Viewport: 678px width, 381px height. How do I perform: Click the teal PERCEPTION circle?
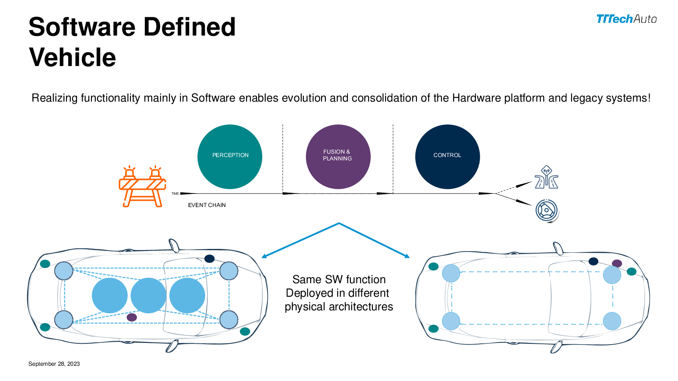click(230, 157)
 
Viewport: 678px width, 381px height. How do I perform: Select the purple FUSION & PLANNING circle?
click(338, 157)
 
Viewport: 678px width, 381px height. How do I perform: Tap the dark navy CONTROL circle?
click(447, 157)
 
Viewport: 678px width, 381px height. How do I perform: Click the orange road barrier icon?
click(142, 186)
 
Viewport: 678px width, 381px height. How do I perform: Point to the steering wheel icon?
click(547, 211)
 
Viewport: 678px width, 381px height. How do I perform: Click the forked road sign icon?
click(546, 177)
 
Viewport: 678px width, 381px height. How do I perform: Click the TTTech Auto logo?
click(626, 19)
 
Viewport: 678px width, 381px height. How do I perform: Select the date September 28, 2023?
click(54, 364)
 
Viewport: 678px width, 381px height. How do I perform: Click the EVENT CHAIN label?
click(207, 205)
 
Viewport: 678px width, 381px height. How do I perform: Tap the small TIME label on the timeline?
click(175, 193)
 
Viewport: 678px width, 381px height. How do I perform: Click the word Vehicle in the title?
click(72, 57)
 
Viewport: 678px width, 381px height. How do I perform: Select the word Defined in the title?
click(189, 27)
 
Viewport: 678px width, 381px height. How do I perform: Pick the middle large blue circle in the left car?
click(148, 295)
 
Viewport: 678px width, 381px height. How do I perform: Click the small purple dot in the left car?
click(132, 317)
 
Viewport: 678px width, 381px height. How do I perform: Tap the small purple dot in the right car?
click(617, 263)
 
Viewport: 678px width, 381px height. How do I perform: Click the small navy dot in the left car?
click(209, 259)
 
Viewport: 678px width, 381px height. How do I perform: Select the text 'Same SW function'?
click(339, 279)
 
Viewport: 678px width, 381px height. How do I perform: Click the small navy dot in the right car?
click(593, 261)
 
